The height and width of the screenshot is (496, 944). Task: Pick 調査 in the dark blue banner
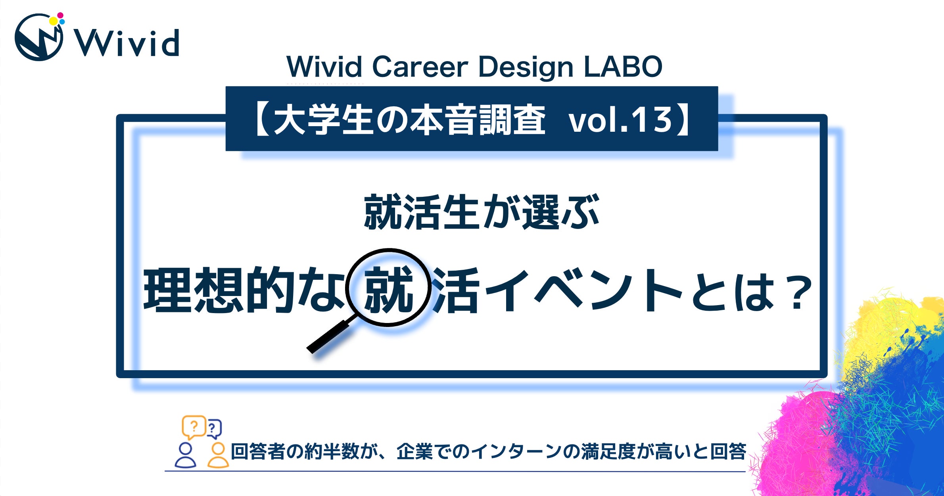tap(511, 119)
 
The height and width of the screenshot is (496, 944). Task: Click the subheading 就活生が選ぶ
tap(481, 212)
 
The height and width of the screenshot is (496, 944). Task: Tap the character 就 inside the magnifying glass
tap(388, 289)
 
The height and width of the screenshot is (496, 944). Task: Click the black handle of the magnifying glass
tap(328, 336)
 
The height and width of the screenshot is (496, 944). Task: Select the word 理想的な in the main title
tap(244, 289)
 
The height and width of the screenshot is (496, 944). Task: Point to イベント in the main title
tap(583, 290)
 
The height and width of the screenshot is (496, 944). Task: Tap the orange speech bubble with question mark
tap(194, 427)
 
